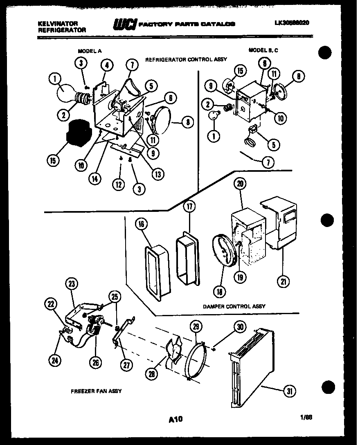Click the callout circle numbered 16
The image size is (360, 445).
tap(141, 225)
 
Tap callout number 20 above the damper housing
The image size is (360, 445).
tap(240, 184)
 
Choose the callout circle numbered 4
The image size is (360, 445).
tap(107, 65)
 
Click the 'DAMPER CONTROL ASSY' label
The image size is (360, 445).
tap(234, 306)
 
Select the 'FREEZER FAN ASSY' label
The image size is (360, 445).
tap(96, 391)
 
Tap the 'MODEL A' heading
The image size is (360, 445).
tap(90, 51)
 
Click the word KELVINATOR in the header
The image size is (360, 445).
tap(54, 24)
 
